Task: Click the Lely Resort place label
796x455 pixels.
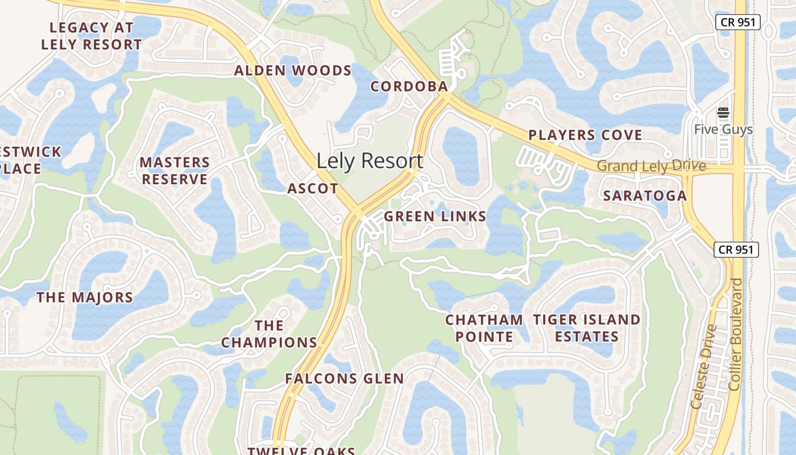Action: pyautogui.click(x=370, y=161)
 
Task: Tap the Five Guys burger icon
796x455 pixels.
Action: pyautogui.click(x=723, y=113)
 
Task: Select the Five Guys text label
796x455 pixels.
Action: pyautogui.click(x=723, y=130)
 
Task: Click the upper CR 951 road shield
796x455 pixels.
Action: pyautogui.click(x=737, y=22)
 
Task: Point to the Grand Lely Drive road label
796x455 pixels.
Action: pyautogui.click(x=651, y=166)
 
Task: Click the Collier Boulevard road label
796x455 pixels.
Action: pyautogui.click(x=735, y=334)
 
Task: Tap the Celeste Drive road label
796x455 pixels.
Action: pyautogui.click(x=703, y=366)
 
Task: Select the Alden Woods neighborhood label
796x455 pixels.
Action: pyautogui.click(x=293, y=71)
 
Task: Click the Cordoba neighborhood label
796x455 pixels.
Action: pyautogui.click(x=409, y=86)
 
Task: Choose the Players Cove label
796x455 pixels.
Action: pyautogui.click(x=585, y=135)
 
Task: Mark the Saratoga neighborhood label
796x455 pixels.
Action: pyautogui.click(x=645, y=196)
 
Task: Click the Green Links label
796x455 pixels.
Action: pyautogui.click(x=435, y=216)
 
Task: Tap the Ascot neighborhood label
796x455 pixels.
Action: pyautogui.click(x=313, y=188)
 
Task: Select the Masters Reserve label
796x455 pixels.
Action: pyautogui.click(x=175, y=171)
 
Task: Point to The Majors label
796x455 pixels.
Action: pyautogui.click(x=85, y=297)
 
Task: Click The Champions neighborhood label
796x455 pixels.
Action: pyautogui.click(x=269, y=334)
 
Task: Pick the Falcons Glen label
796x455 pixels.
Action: pyautogui.click(x=345, y=379)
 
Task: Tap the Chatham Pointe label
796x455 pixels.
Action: pyautogui.click(x=484, y=328)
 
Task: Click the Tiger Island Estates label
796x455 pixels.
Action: pyautogui.click(x=587, y=328)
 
